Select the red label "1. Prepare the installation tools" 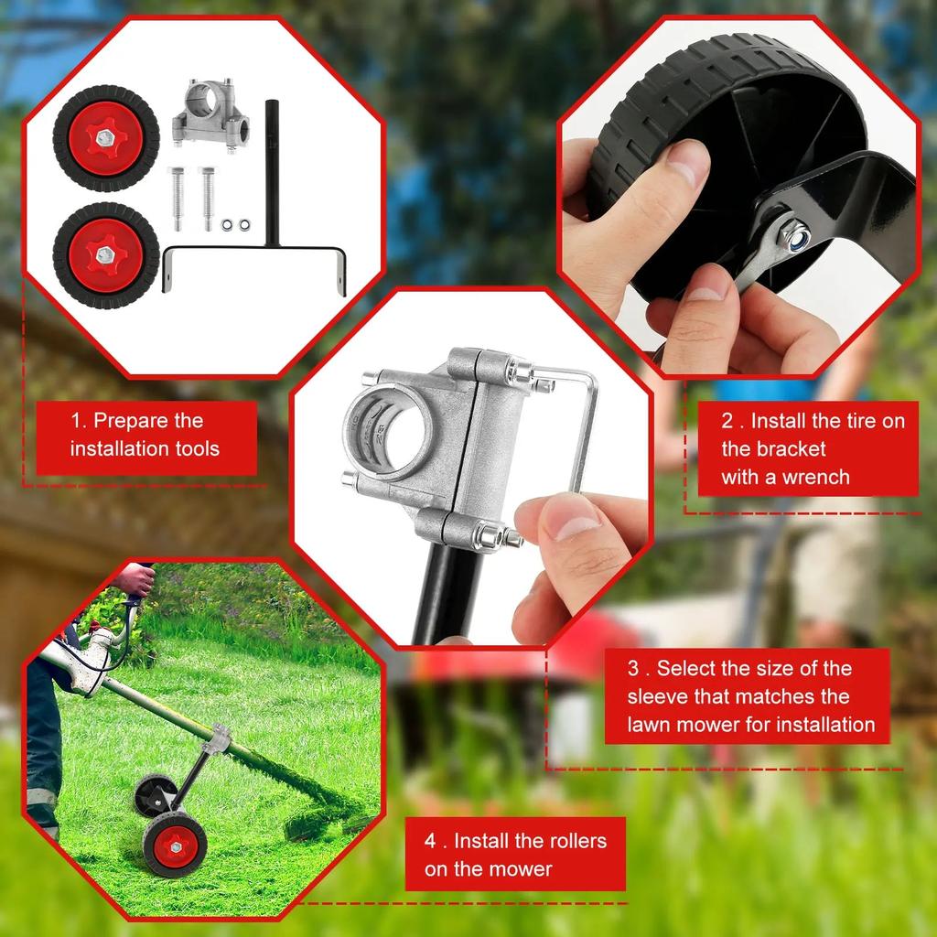click(x=146, y=436)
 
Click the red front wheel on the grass click(x=175, y=843)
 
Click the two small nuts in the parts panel click(x=235, y=223)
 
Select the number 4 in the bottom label click(x=430, y=841)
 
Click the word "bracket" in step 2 click(x=773, y=449)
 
